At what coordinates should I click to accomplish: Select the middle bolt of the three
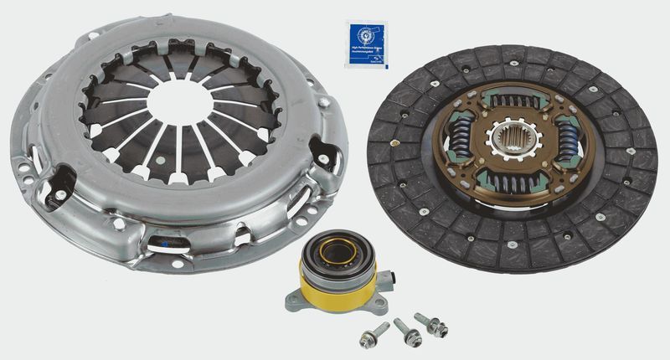[408, 330]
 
